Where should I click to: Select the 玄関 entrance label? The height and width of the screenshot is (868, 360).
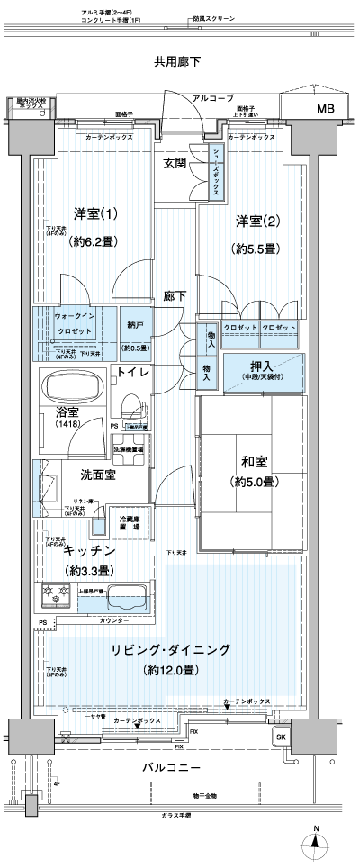pos(175,163)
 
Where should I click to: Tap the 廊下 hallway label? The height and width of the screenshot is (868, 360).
pos(175,294)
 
